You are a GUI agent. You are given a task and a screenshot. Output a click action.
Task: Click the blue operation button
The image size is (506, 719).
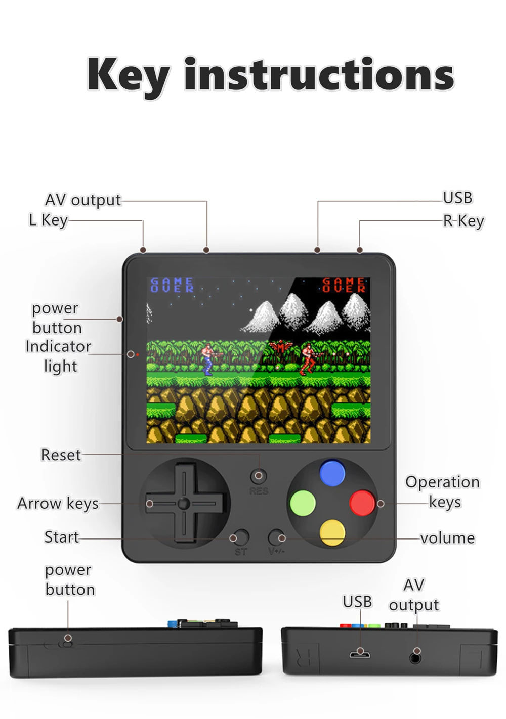(332, 473)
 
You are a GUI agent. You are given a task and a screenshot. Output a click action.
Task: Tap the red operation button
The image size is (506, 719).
(362, 503)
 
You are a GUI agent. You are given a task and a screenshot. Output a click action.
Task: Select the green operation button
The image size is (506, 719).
(303, 503)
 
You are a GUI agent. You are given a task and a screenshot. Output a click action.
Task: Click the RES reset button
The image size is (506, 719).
(259, 476)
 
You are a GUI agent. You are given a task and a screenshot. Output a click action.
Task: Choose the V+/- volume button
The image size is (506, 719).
(276, 537)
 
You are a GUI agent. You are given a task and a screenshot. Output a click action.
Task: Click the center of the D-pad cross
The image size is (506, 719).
(184, 503)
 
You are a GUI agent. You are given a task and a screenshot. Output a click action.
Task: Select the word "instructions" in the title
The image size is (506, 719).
(319, 74)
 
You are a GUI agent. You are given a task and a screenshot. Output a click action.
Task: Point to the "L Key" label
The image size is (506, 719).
(48, 220)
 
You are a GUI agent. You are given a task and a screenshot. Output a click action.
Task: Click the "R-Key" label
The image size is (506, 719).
(463, 221)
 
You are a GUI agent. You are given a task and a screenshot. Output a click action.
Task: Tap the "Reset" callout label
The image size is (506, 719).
(61, 455)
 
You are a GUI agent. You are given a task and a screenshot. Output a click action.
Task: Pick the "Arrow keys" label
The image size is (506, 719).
(58, 504)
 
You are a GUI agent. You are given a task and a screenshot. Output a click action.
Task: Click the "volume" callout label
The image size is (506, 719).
(447, 538)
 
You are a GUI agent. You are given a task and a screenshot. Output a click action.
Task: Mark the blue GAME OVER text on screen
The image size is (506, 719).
(172, 285)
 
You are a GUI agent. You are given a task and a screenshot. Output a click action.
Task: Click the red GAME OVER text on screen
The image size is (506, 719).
(344, 285)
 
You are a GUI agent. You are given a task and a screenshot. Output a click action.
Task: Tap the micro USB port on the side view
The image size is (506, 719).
(360, 655)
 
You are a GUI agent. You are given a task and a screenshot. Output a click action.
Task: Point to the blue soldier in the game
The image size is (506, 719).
(207, 358)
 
